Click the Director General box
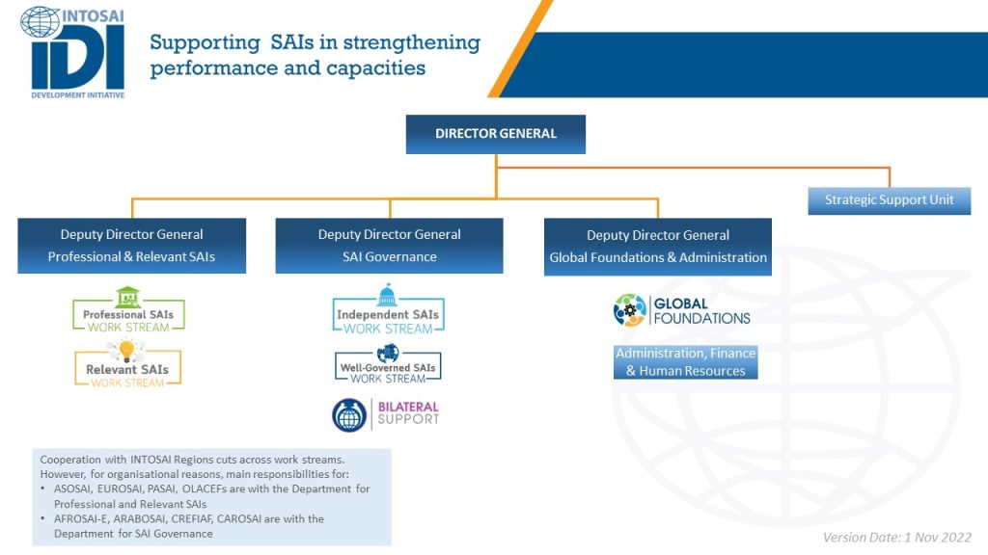[496, 134]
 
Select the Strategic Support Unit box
[889, 200]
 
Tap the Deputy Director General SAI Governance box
[389, 246]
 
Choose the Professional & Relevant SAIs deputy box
[131, 246]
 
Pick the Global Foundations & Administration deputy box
[658, 247]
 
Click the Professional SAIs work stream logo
[128, 311]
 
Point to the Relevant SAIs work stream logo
[127, 366]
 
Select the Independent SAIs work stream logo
[388, 311]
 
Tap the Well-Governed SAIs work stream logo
[388, 365]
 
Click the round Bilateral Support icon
[349, 414]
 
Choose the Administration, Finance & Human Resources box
[685, 362]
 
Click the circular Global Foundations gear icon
[630, 310]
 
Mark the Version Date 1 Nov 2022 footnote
[896, 537]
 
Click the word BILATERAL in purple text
[408, 408]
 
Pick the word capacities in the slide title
[377, 68]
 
